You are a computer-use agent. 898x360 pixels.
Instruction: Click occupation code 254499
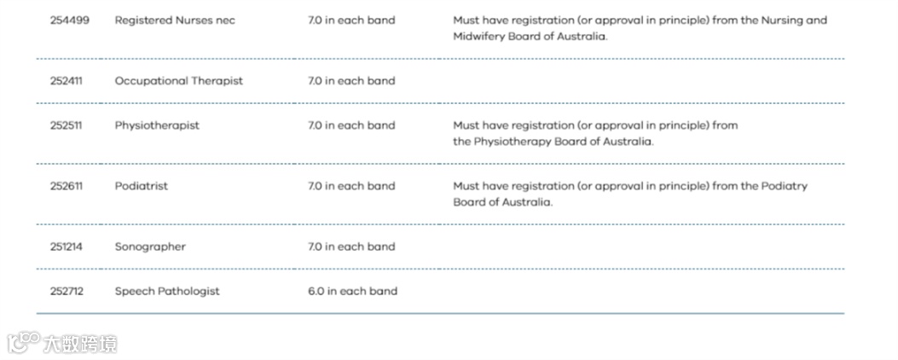68,20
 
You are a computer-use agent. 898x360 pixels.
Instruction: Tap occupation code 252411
67,81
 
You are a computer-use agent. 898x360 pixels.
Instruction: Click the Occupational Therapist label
179,81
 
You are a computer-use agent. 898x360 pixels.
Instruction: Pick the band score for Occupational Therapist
351,81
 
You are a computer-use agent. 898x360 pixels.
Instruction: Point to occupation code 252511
66,125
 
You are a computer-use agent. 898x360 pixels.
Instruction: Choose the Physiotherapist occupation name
157,125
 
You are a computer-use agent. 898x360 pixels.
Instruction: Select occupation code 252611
66,186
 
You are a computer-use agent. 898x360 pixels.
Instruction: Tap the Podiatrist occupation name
142,186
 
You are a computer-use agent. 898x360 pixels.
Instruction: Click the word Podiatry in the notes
784,186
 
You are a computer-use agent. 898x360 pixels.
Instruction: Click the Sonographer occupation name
150,247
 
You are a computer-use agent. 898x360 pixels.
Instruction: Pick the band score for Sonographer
351,247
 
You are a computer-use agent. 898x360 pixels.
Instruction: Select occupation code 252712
67,291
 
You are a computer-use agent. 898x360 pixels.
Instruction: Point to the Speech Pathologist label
167,291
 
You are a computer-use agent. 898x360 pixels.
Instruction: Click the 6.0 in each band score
352,291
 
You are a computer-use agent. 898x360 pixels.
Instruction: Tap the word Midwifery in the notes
480,37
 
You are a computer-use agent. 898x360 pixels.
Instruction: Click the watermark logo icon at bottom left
23,343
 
